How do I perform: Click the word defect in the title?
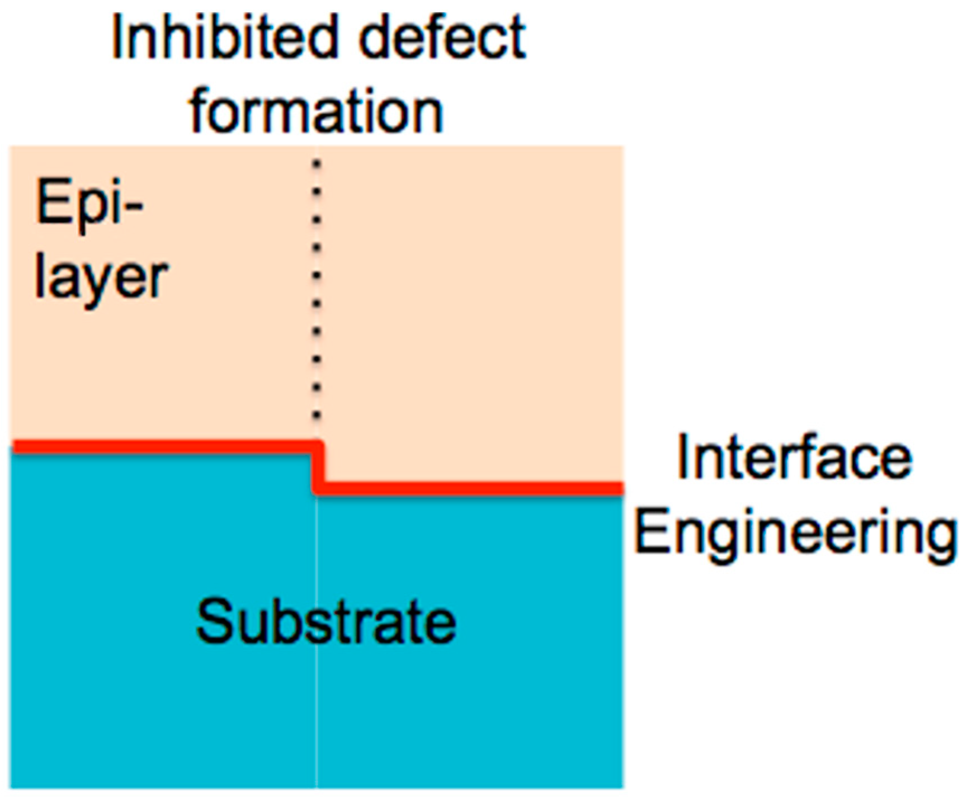442,38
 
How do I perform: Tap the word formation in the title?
317,112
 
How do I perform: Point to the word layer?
101,278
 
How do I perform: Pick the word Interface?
794,459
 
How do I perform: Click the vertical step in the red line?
318,468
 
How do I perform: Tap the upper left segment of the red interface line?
162,446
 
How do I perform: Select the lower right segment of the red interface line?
470,488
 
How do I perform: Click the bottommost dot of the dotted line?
317,416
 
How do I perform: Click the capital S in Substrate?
214,621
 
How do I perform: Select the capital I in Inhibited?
117,38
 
